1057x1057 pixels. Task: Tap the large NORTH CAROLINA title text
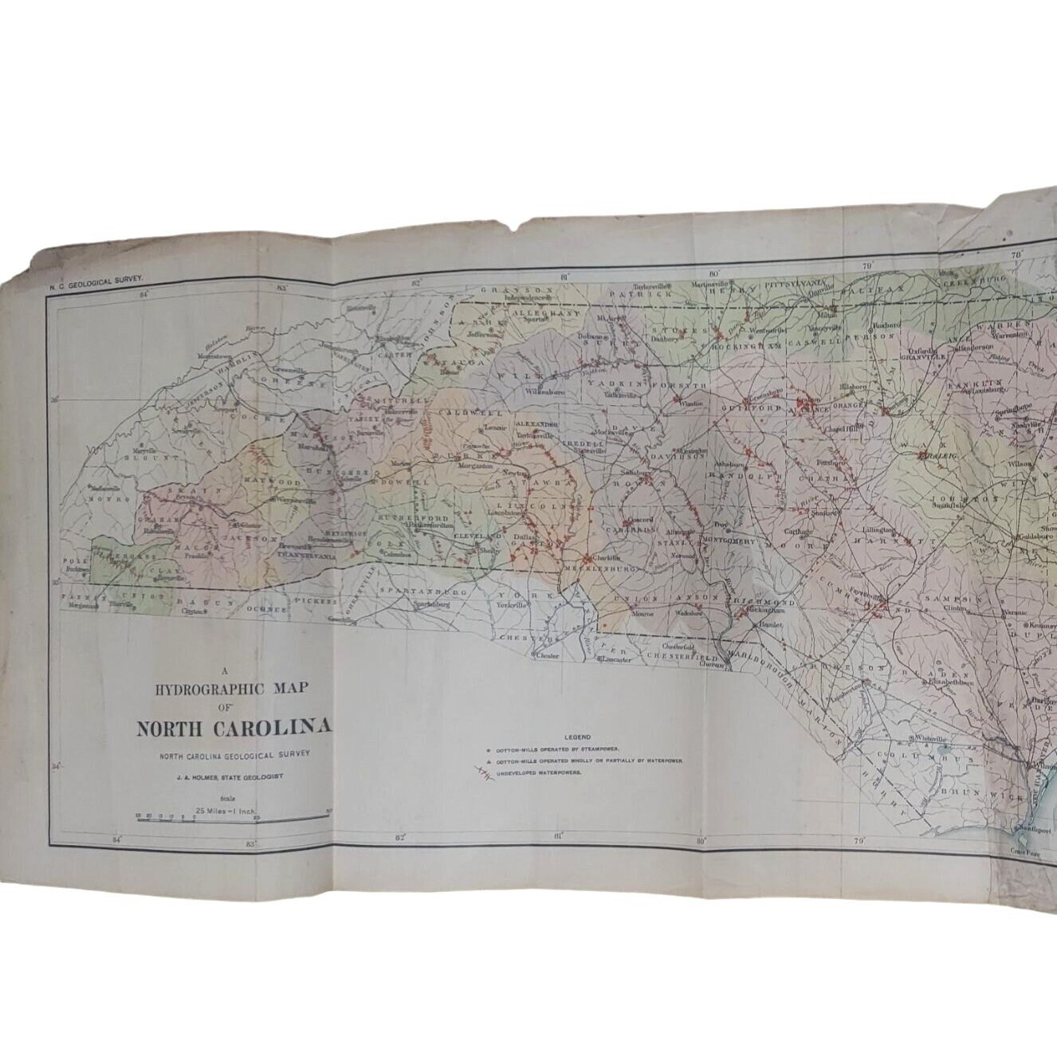(x=234, y=729)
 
